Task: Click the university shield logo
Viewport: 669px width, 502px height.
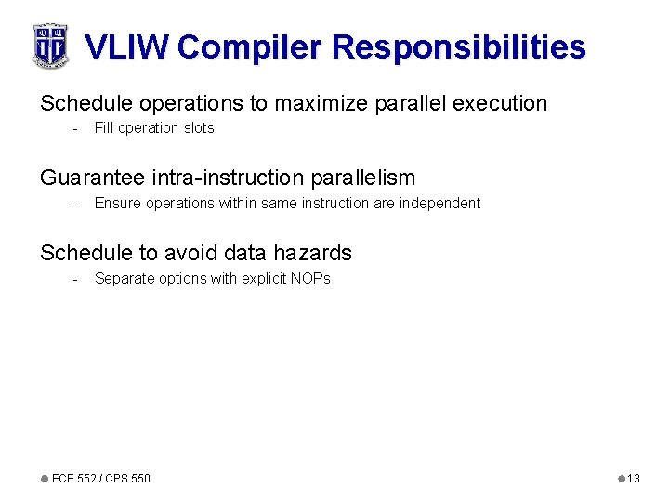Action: pyautogui.click(x=50, y=46)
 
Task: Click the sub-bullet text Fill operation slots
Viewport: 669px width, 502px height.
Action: pyautogui.click(x=154, y=128)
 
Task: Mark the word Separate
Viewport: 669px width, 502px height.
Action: pyautogui.click(x=123, y=278)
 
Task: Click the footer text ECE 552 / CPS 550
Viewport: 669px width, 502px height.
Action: pyautogui.click(x=100, y=478)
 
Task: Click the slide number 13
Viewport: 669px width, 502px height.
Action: pyautogui.click(x=634, y=478)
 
